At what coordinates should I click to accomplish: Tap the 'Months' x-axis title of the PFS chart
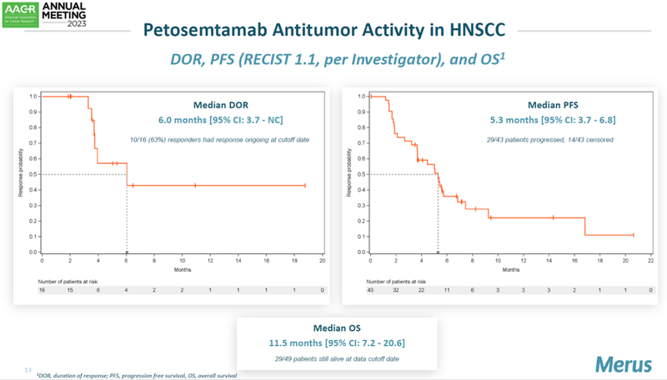[x=510, y=270]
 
